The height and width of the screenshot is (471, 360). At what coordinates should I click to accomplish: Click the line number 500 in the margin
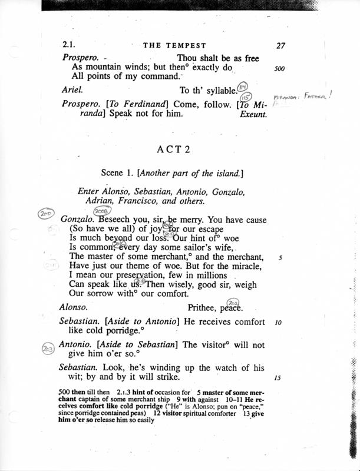[280, 68]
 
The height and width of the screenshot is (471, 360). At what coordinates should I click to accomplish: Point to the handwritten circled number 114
[242, 87]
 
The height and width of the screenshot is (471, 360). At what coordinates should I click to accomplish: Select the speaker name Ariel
[72, 89]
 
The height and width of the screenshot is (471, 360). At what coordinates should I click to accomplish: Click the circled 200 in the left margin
[45, 215]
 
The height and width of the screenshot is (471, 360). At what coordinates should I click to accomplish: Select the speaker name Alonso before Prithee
[75, 307]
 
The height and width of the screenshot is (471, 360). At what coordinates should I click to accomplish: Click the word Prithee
[203, 307]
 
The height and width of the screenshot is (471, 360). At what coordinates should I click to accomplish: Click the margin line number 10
[279, 323]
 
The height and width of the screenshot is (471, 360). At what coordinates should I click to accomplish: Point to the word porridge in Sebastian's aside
[115, 333]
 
